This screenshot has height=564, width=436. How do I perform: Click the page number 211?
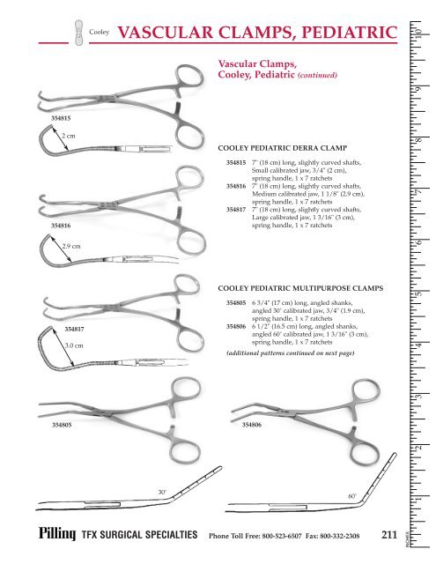(x=389, y=535)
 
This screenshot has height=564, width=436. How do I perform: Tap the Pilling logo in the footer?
(x=57, y=533)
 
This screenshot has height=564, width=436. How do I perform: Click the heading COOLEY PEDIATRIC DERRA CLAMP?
(x=283, y=148)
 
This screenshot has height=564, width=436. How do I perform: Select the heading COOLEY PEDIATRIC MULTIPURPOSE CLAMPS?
(x=300, y=288)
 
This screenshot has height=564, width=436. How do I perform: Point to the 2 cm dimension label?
(x=69, y=136)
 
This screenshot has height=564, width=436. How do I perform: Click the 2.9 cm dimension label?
(x=71, y=247)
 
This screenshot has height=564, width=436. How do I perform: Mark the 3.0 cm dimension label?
(x=74, y=345)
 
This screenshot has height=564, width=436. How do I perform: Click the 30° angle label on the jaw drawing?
(x=162, y=492)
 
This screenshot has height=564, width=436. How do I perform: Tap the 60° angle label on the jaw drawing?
(x=352, y=496)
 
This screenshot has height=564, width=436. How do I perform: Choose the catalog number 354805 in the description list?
(x=236, y=303)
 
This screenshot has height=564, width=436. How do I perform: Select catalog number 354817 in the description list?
(x=236, y=210)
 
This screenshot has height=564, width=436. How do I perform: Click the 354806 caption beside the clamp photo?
(x=252, y=425)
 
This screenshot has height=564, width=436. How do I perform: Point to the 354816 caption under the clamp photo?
(x=61, y=226)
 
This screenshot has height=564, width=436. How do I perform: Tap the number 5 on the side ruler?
(x=418, y=293)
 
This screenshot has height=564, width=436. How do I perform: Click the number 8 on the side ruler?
(x=418, y=140)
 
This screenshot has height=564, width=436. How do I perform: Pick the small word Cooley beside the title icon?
(x=100, y=32)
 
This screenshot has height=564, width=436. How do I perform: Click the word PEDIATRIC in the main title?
(x=350, y=33)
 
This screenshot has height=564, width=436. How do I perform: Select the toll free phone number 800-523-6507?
(x=282, y=536)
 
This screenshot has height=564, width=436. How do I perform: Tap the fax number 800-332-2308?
(x=339, y=536)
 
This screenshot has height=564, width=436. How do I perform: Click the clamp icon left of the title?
(x=78, y=33)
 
